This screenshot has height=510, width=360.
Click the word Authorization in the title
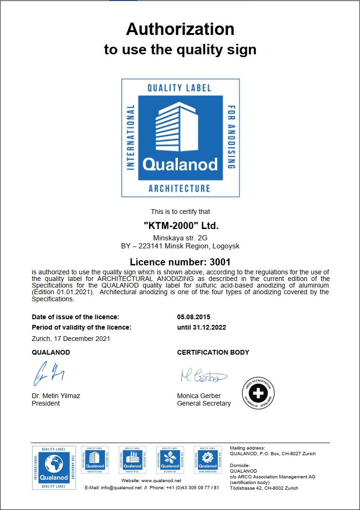180,30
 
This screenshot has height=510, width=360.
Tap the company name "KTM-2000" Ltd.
181,226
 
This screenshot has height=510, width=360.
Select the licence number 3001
221,262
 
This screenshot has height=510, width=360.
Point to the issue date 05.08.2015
193,317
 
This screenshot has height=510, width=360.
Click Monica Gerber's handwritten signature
203,376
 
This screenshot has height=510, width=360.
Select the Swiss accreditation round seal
258,393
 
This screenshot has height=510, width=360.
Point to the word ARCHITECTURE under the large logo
179,188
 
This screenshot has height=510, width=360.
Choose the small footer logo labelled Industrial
133,459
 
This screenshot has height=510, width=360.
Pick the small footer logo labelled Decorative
170,459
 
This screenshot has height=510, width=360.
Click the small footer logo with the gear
208,459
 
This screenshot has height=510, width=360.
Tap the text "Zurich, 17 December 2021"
71,339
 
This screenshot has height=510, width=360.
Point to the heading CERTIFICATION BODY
213,352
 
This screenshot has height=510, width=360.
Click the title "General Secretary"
204,404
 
